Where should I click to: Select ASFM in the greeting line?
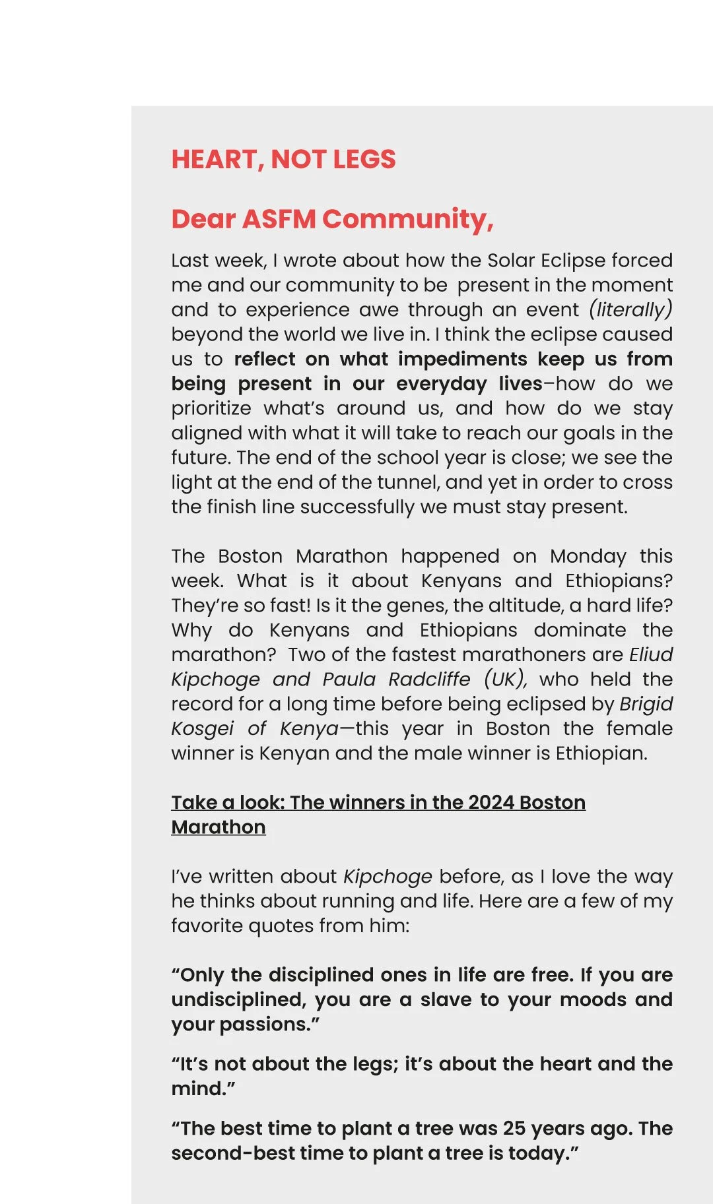tap(279, 219)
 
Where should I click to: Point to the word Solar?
tap(511, 261)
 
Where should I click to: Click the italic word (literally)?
tap(630, 309)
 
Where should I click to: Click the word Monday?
tap(588, 556)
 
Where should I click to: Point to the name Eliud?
tap(650, 654)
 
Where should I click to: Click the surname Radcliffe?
tap(429, 680)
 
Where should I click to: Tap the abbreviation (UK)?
tap(505, 680)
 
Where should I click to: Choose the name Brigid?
tap(646, 704)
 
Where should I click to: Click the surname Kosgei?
tap(202, 728)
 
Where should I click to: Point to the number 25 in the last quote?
tap(515, 1128)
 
